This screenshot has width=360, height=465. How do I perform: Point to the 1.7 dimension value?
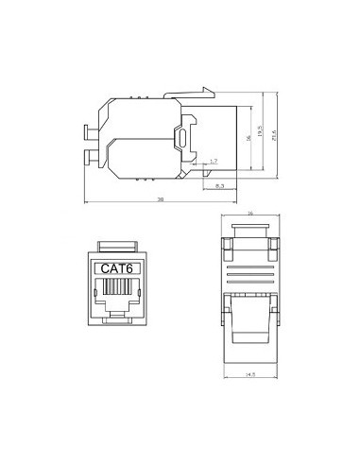pyautogui.click(x=214, y=162)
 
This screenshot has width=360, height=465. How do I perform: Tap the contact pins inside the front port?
pyautogui.click(x=116, y=293)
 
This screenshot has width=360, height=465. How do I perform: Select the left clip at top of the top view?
pyautogui.click(x=227, y=248)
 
